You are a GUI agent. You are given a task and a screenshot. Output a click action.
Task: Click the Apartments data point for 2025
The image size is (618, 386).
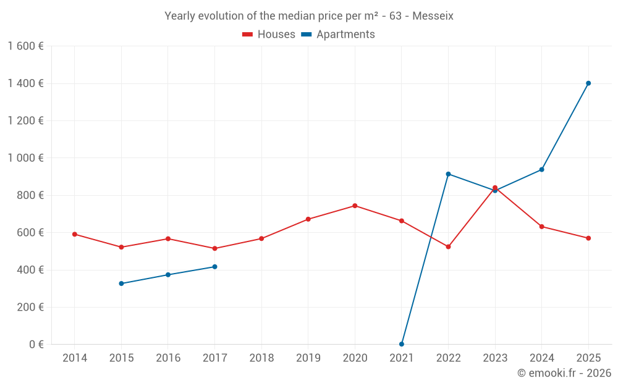[588, 83]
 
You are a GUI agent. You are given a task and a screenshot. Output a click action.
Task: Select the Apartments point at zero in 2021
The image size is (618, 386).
[402, 344]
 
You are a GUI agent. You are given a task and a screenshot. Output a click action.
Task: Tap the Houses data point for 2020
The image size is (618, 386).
[355, 206]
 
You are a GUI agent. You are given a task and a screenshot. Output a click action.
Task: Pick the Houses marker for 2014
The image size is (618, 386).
[75, 234]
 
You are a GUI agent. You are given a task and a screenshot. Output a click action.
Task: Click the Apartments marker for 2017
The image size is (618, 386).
[214, 267]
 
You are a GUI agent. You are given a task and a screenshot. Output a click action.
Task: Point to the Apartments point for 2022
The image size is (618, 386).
[448, 174]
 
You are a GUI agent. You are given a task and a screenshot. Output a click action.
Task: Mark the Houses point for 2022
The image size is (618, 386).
[448, 247]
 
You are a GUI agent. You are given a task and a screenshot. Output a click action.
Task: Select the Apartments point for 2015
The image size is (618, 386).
[121, 283]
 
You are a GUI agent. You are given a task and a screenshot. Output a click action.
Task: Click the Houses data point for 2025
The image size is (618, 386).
[588, 238]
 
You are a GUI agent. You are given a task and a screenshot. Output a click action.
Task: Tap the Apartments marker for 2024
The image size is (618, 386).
[542, 169]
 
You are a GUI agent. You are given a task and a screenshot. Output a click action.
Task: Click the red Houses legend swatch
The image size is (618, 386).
[247, 35]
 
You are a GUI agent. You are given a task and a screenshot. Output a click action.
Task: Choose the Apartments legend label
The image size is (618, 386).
[345, 35]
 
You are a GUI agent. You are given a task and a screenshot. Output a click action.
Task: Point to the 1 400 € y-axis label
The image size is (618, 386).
[25, 83]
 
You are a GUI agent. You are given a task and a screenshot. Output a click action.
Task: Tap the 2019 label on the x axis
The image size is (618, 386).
[308, 358]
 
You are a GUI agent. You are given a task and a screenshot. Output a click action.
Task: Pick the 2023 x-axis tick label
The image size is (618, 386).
[495, 358]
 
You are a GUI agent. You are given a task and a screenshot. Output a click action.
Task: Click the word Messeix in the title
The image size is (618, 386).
[433, 16]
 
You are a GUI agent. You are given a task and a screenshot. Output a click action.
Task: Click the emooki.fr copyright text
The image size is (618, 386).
[564, 373]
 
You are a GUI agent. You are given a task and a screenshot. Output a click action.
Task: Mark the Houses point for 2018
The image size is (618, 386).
[261, 238]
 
